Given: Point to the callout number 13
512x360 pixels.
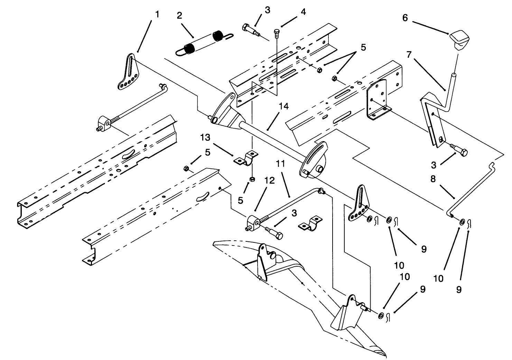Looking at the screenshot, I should pos(205,138).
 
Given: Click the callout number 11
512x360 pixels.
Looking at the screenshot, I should pos(280,164).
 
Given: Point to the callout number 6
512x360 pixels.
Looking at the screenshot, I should pos(405,18).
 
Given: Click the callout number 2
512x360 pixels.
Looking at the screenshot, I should pos(179,16).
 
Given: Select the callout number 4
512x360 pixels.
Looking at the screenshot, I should pos(303,12).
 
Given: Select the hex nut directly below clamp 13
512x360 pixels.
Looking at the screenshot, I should pos(252,179).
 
